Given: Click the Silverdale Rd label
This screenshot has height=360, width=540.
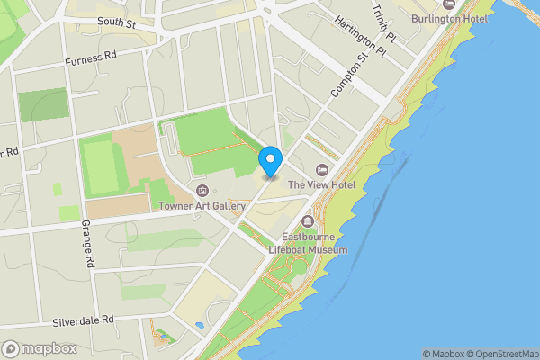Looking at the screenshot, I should (x=83, y=319).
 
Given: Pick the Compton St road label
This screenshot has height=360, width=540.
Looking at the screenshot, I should (x=349, y=75).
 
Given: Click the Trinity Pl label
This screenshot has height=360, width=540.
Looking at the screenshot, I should (x=386, y=22).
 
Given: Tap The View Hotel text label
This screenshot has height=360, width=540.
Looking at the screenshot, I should (x=321, y=185).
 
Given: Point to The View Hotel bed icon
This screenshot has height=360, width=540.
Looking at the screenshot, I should (x=322, y=171).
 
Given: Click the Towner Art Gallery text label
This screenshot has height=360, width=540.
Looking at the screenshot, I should (x=202, y=206).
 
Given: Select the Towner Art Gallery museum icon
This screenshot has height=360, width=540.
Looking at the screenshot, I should (x=202, y=191).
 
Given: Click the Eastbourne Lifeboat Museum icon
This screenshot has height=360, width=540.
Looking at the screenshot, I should (x=308, y=221).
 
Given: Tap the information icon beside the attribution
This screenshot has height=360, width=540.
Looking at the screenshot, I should (x=533, y=354).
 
